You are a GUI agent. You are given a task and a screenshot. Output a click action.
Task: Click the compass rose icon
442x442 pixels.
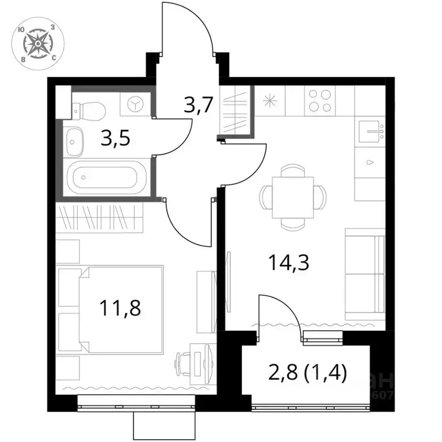38,43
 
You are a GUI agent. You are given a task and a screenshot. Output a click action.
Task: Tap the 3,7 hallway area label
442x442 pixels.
199,105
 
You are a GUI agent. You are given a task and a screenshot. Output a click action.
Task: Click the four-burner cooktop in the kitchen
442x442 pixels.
320,100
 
